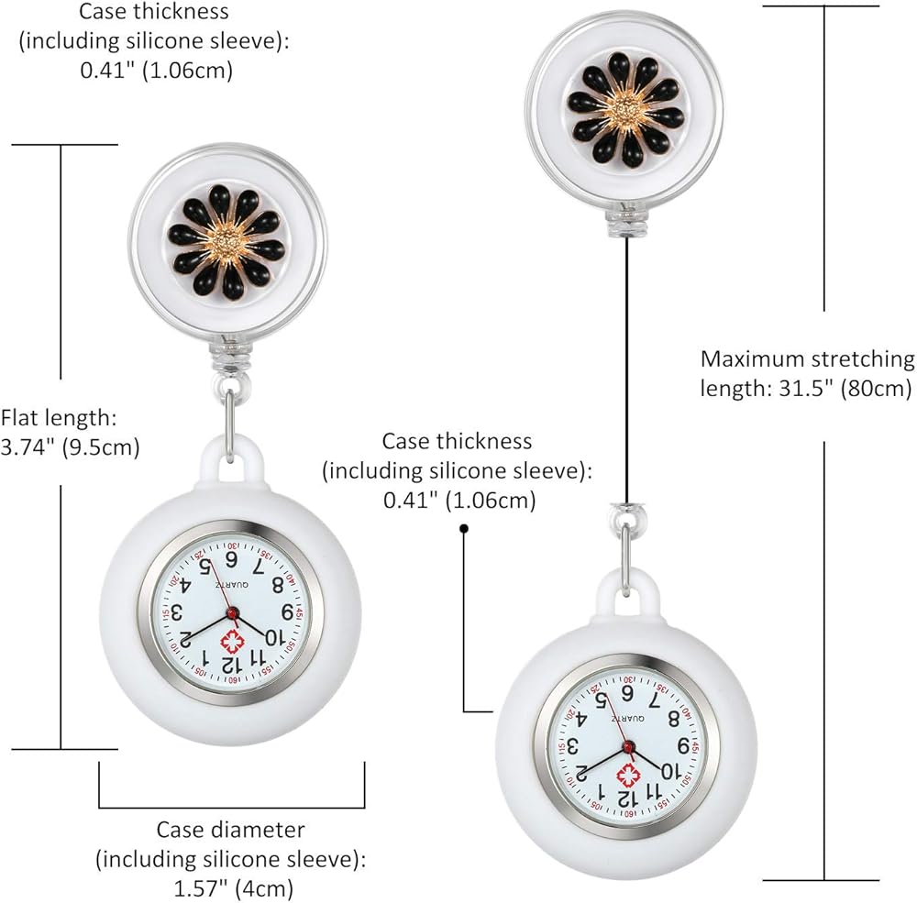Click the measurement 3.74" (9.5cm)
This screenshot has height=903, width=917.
click(71, 449)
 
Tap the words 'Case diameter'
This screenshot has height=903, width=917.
click(230, 830)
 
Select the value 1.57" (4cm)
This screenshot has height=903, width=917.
click(232, 888)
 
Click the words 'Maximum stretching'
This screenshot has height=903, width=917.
click(807, 358)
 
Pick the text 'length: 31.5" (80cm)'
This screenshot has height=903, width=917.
click(805, 388)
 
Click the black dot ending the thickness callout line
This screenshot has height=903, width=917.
click(464, 528)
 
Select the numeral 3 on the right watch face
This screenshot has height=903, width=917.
click(574, 744)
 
